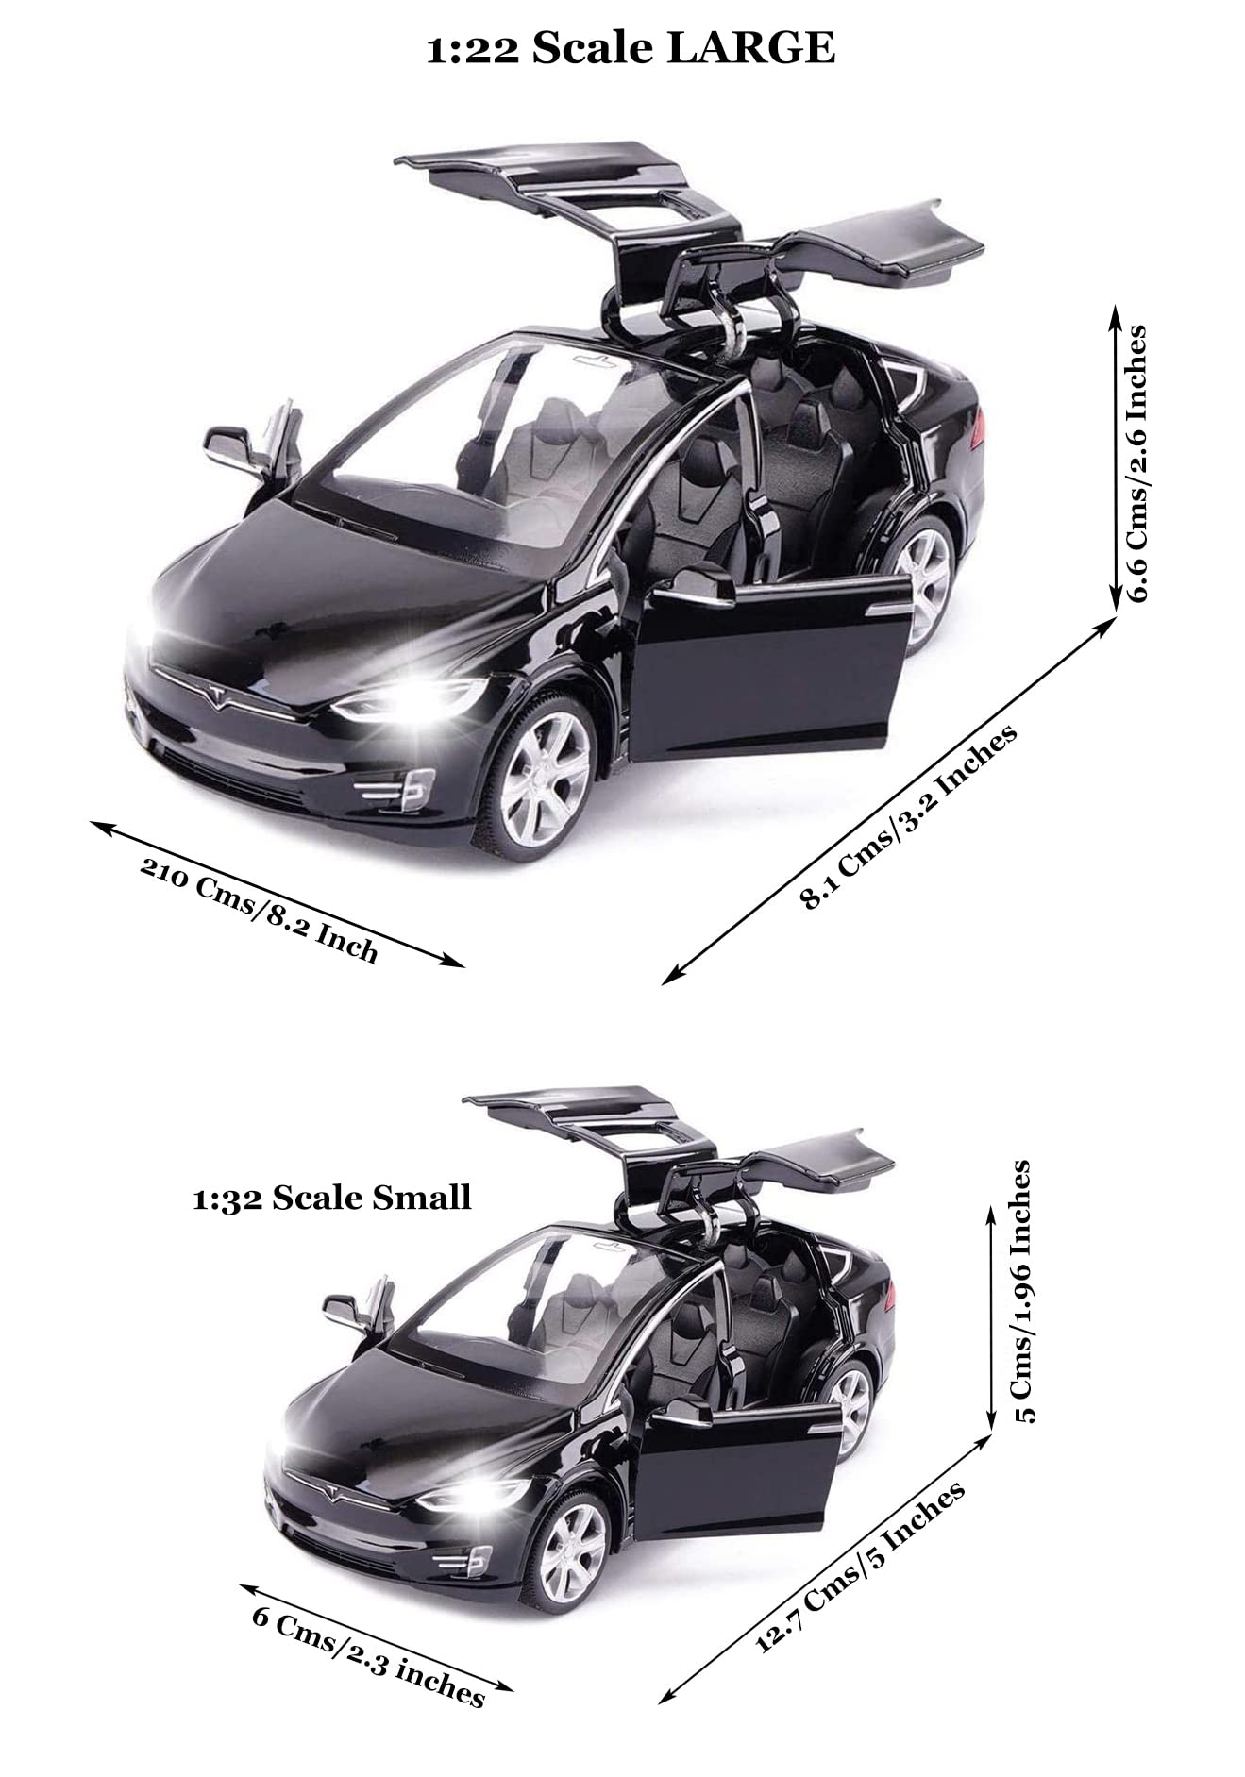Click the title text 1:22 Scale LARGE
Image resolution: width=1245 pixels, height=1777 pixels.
631,48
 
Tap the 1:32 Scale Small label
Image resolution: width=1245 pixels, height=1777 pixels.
331,1198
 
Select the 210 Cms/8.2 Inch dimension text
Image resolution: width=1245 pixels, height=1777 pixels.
259,908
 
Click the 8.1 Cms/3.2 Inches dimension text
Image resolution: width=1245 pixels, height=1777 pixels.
908,815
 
